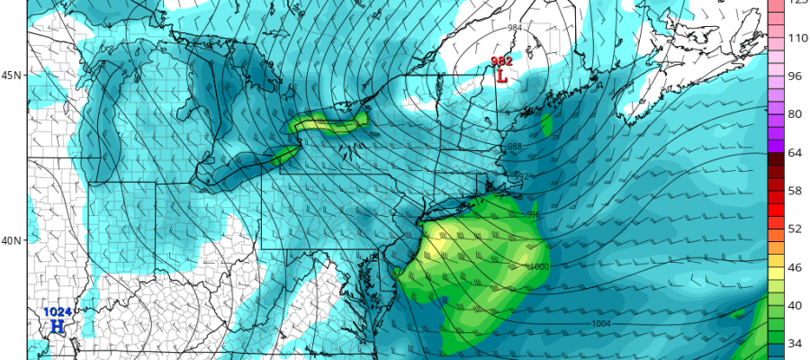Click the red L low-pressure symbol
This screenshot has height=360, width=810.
(501, 77)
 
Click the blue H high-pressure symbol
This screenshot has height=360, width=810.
(56, 326)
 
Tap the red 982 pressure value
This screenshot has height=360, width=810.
(501, 61)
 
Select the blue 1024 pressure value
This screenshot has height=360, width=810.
(56, 312)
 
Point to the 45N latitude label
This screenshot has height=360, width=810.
(13, 76)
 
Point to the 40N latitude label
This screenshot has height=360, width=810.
(13, 240)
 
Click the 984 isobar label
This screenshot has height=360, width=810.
(515, 28)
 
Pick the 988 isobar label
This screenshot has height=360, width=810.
(515, 147)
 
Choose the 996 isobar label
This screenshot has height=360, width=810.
(533, 214)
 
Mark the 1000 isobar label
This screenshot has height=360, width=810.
(540, 267)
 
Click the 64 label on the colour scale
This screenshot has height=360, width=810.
(796, 152)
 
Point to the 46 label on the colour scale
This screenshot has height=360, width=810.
(796, 267)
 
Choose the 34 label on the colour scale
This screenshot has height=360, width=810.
(796, 343)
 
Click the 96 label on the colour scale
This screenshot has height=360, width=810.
(796, 76)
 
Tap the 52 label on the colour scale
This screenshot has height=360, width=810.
(796, 229)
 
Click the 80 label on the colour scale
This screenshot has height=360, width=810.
(796, 114)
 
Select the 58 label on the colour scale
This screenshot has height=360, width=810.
(796, 191)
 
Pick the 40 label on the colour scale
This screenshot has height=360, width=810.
(796, 305)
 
